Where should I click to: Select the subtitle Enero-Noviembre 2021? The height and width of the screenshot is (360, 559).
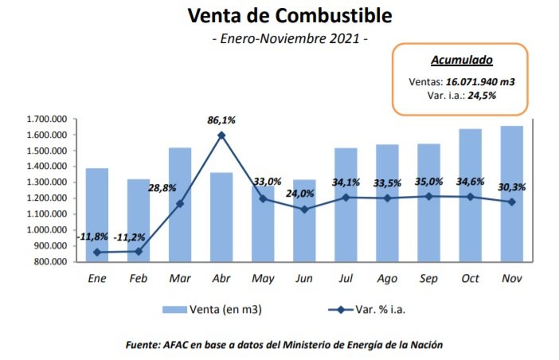(289, 39)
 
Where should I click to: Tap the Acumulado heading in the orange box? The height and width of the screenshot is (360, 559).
(461, 60)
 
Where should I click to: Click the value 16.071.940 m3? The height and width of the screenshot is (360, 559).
(479, 80)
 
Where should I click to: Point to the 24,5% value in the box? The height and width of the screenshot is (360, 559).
(491, 96)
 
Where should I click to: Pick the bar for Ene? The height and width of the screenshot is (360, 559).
(96, 215)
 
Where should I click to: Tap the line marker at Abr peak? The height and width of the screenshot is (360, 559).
(221, 135)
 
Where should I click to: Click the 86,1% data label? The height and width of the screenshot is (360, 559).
(221, 119)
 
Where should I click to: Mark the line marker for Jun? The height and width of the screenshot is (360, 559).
(303, 209)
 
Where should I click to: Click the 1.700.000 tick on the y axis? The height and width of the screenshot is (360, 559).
(45, 119)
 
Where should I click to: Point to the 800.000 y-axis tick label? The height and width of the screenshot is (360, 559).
(48, 261)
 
